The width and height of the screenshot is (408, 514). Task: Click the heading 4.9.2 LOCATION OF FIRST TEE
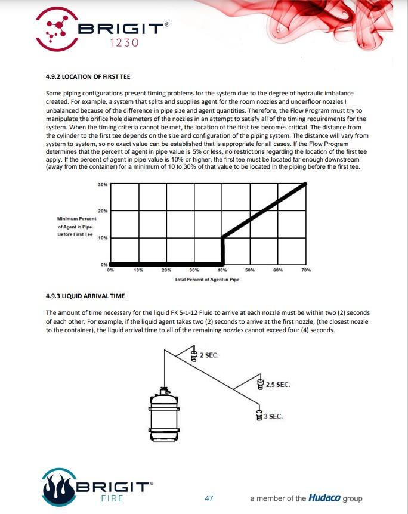point(88,77)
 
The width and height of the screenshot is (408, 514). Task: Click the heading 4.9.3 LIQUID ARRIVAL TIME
point(85,296)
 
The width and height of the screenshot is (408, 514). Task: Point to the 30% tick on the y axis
point(103,184)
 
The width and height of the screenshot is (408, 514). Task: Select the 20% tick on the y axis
point(103,211)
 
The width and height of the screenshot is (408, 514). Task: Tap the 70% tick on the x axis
point(307,270)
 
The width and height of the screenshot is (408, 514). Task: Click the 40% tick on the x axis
point(222,270)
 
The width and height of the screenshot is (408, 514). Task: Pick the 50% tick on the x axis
point(251,270)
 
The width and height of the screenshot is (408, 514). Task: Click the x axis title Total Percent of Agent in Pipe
point(206,280)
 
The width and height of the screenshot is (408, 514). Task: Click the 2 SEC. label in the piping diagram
point(209,355)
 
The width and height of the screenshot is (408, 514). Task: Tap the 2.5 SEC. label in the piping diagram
point(279,385)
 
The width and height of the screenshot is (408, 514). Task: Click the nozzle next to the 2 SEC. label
point(194,356)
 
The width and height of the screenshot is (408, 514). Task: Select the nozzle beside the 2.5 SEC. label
point(260,384)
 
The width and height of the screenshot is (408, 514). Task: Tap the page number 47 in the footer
point(209,498)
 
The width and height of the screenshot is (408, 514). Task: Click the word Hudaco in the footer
point(324,498)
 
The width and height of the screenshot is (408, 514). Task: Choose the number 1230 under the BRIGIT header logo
point(125,43)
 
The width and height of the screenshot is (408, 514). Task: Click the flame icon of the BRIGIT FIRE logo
point(58,486)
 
